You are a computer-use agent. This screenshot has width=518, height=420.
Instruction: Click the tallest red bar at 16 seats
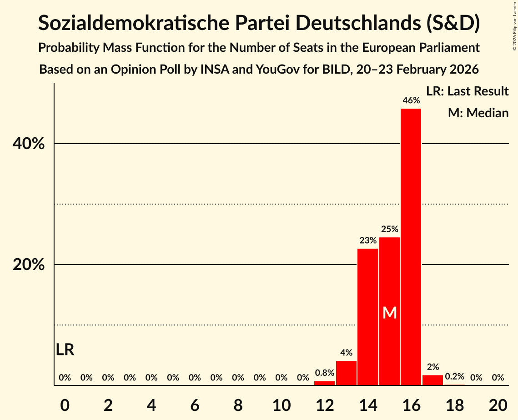pyautogui.click(x=411, y=247)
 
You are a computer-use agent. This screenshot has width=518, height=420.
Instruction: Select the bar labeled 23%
pyautogui.click(x=367, y=317)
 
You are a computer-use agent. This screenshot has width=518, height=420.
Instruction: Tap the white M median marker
pyautogui.click(x=390, y=313)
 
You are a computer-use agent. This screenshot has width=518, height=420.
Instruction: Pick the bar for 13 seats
pyautogui.click(x=346, y=373)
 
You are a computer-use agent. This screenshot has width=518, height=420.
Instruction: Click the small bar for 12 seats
pyautogui.click(x=324, y=383)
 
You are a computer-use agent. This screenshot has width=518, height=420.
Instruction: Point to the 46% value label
pyautogui.click(x=411, y=100)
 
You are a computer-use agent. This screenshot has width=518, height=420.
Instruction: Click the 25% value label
pyautogui.click(x=390, y=229)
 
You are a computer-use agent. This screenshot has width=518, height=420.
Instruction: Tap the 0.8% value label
pyautogui.click(x=324, y=373)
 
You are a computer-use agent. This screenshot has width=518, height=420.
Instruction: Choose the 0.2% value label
pyautogui.click(x=454, y=377)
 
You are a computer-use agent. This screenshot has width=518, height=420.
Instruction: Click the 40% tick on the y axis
pyautogui.click(x=29, y=144)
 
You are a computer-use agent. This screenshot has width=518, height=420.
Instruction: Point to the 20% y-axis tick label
pyautogui.click(x=29, y=265)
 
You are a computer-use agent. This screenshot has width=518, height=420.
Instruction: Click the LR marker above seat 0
pyautogui.click(x=65, y=350)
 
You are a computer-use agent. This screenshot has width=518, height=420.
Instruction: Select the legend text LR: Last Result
pyautogui.click(x=467, y=91)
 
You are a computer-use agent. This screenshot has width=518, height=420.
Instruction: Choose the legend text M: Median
pyautogui.click(x=478, y=113)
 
